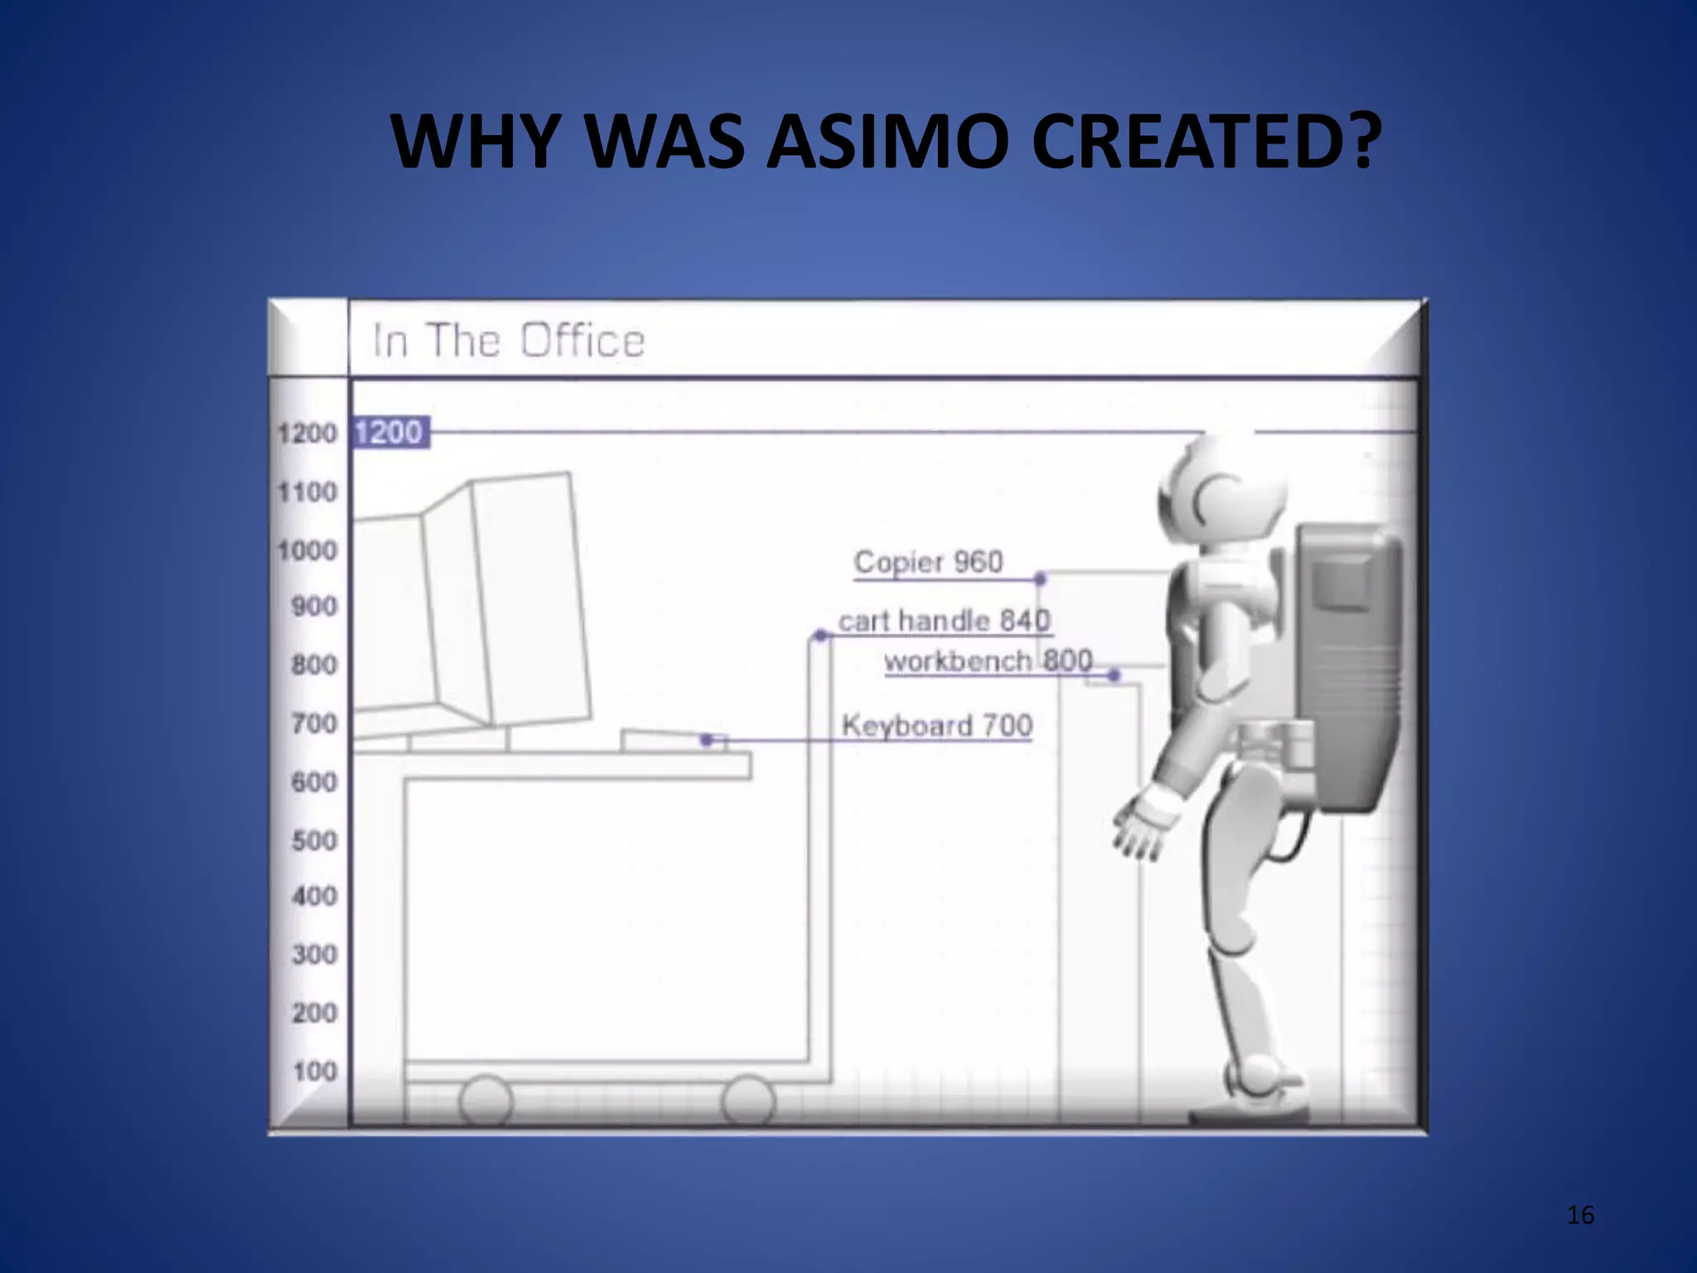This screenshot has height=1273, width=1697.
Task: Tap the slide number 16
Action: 1580,1215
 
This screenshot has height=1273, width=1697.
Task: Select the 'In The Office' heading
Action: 508,341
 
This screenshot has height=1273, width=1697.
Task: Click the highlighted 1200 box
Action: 390,433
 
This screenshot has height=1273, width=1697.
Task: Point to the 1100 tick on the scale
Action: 307,492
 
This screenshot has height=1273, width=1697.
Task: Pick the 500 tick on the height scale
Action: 314,840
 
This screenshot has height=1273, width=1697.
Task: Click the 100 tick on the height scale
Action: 315,1072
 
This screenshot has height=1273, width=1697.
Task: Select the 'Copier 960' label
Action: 928,562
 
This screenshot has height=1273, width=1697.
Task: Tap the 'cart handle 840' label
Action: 944,621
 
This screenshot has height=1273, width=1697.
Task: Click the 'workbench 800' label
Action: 988,661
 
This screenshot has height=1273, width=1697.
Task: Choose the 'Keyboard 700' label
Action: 936,726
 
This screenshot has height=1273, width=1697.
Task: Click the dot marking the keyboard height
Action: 706,739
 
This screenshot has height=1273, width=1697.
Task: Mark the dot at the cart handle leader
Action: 820,636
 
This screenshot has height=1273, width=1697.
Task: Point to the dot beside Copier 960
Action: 1041,578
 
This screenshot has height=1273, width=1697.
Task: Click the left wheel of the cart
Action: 486,1100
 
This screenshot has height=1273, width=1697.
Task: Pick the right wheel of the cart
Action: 747,1100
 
